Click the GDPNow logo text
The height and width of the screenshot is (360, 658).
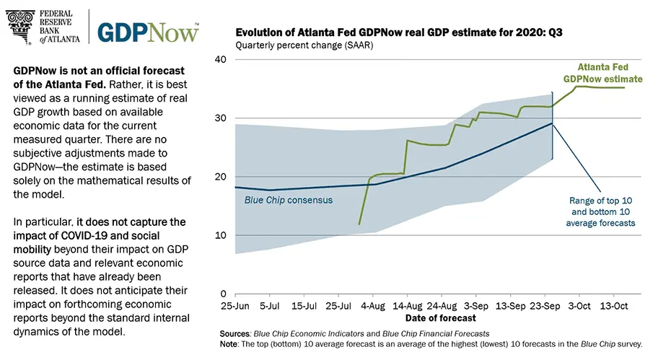click(x=147, y=32)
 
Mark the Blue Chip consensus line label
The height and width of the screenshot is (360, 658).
click(x=284, y=200)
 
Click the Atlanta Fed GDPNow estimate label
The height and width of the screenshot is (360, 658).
click(x=602, y=72)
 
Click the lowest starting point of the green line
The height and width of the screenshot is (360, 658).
click(x=359, y=224)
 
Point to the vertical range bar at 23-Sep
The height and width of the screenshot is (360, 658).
click(x=553, y=126)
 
